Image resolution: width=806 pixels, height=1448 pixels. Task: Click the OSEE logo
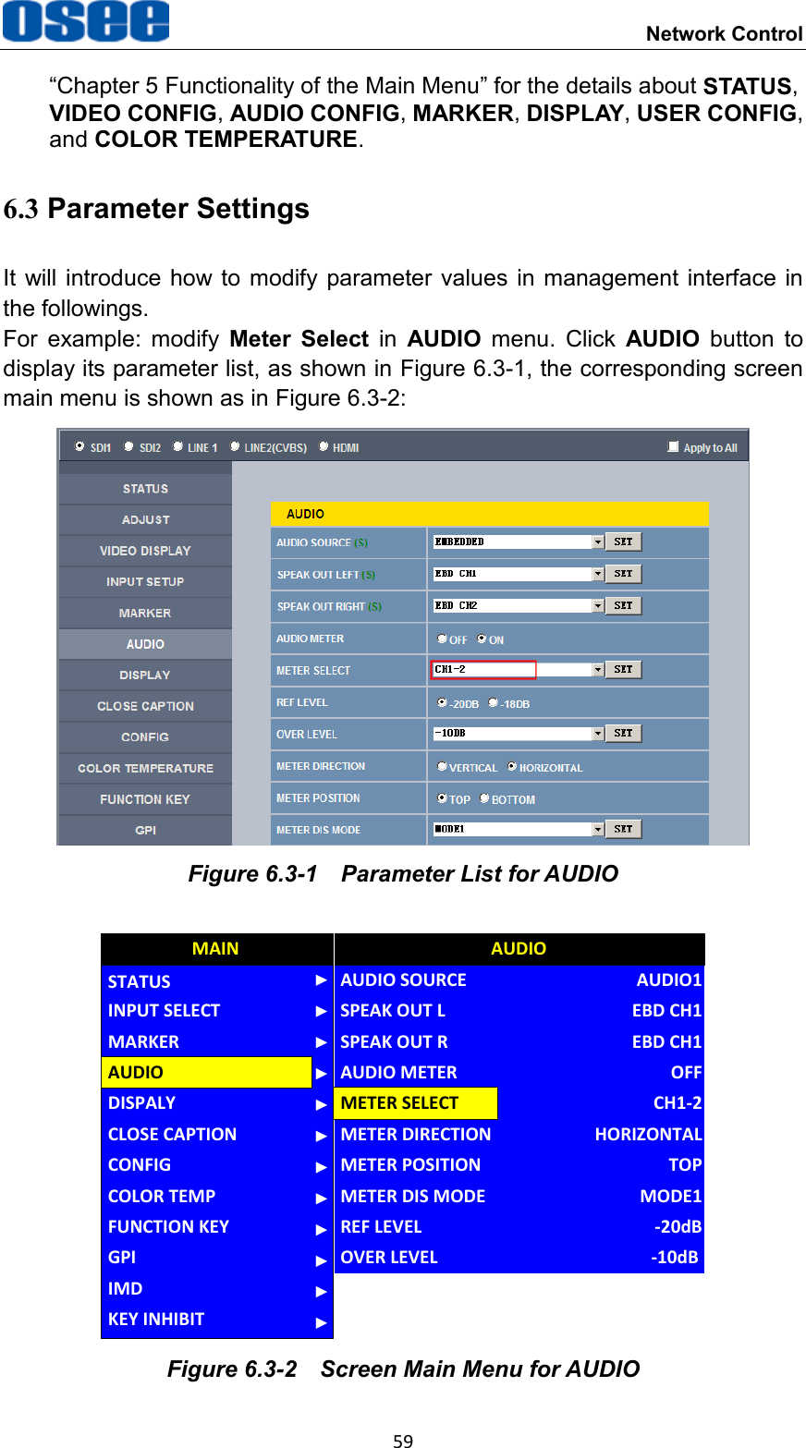pos(86,22)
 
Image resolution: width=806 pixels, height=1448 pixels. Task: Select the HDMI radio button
pos(324,446)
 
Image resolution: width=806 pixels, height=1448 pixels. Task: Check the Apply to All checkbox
pos(673,446)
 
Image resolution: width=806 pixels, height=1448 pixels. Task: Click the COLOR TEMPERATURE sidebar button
pos(145,768)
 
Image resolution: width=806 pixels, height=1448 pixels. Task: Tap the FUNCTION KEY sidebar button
pos(145,799)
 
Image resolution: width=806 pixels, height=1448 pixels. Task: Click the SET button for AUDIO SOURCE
pos(624,541)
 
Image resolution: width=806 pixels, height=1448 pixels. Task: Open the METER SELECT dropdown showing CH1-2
pos(598,670)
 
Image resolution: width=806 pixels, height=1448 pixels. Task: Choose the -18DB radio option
pos(494,703)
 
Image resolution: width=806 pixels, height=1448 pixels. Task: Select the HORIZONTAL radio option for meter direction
pos(512,766)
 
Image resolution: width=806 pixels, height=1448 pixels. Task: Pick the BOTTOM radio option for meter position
pos(484,798)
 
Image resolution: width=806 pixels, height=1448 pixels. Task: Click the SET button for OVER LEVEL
pos(624,733)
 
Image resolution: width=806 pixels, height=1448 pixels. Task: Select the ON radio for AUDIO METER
pos(482,639)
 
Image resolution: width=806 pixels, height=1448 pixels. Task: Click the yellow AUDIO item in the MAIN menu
pos(206,1072)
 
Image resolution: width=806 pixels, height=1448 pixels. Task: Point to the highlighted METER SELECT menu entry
pos(415,1102)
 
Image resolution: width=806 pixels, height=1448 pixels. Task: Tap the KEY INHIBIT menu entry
pos(156,1319)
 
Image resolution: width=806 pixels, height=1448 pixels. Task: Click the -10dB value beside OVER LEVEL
pos(674,1257)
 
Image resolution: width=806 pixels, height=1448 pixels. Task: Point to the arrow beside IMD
pos(321,1290)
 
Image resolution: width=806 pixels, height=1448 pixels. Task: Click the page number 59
pos(403,1440)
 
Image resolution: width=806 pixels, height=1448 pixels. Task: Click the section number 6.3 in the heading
pos(21,210)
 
